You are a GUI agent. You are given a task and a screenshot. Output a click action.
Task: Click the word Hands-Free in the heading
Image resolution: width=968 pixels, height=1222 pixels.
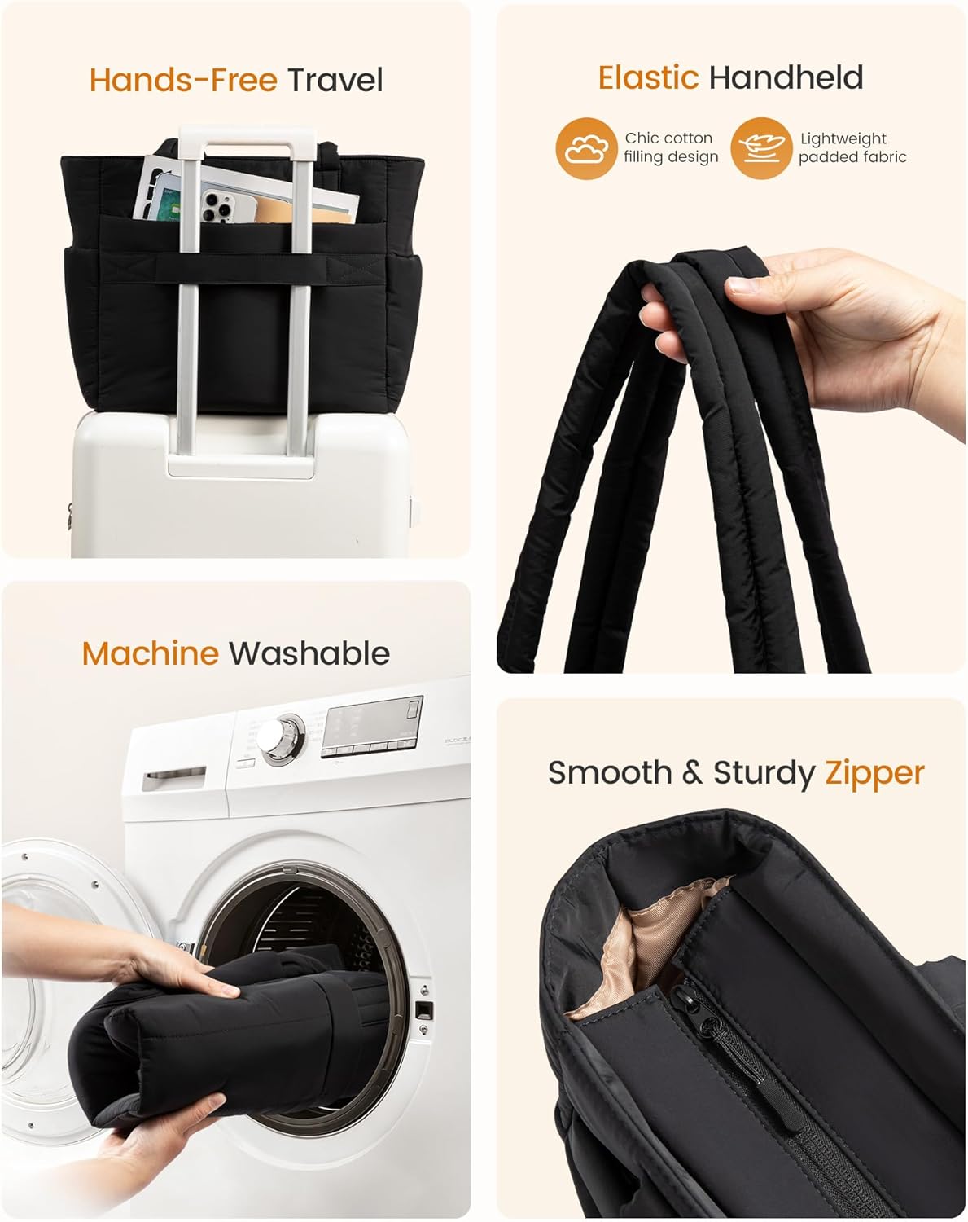pos(183,80)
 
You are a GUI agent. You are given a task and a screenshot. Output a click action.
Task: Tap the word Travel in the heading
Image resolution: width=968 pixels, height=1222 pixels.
pos(335,80)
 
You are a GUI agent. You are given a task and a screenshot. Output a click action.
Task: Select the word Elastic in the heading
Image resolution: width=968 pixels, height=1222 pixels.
pos(648,77)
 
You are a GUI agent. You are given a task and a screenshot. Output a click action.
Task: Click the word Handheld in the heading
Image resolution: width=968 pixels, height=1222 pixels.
pos(786,77)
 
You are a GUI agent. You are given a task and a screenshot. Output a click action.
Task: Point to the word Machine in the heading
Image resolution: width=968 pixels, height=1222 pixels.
pos(151,653)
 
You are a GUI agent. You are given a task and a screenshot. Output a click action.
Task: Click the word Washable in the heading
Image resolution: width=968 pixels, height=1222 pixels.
pos(309,653)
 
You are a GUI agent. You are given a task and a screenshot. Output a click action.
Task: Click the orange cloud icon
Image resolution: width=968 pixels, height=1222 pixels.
pos(586,149)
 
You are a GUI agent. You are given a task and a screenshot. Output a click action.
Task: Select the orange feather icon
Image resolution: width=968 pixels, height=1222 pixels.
pos(761,149)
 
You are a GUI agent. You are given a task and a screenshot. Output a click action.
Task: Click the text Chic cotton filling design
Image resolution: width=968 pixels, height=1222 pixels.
pos(670,147)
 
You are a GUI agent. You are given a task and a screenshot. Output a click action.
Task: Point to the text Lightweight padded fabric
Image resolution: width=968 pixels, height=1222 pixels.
pos(852,147)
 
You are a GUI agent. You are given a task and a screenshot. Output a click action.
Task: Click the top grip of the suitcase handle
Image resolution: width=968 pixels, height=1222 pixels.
pos(247,136)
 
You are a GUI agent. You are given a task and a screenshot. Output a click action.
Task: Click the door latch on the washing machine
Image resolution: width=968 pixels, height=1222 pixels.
pos(423,1010)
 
